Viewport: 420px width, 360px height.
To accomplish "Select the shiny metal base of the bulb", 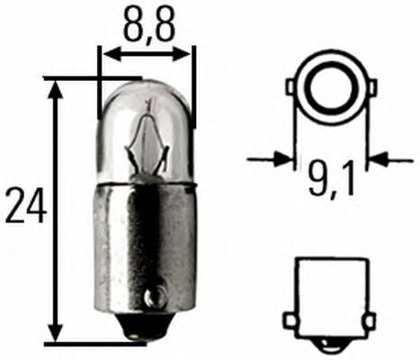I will [x=144, y=243].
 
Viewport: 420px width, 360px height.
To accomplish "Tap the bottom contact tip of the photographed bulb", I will [x=138, y=337].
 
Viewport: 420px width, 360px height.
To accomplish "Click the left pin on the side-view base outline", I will [x=290, y=320].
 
